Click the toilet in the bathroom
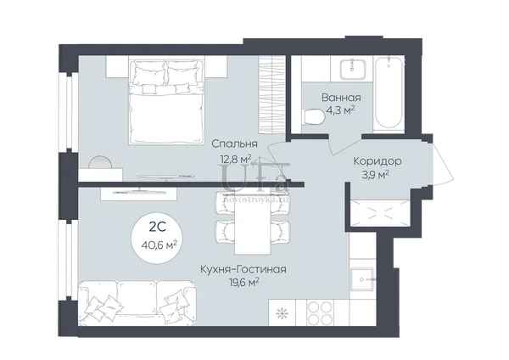pyautogui.click(x=312, y=117)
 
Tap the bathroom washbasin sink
pyautogui.click(x=352, y=70)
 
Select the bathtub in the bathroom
pyautogui.click(x=389, y=93)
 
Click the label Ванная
pyautogui.click(x=341, y=98)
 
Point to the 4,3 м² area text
pyautogui.click(x=340, y=110)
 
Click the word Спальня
pyautogui.click(x=234, y=143)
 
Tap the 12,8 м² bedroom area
pyautogui.click(x=236, y=160)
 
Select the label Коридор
pyautogui.click(x=378, y=161)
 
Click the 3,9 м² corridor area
pyautogui.click(x=376, y=175)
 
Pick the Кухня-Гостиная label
pyautogui.click(x=243, y=270)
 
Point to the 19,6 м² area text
pyautogui.click(x=243, y=283)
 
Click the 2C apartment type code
pyautogui.click(x=158, y=227)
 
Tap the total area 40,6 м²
pyautogui.click(x=159, y=245)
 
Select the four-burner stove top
pyautogui.click(x=320, y=312)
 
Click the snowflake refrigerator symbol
pyautogui.click(x=282, y=313)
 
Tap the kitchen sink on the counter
pyautogui.click(x=362, y=279)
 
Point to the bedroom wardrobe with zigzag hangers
pyautogui.click(x=271, y=94)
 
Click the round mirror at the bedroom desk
pyautogui.click(x=100, y=162)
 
